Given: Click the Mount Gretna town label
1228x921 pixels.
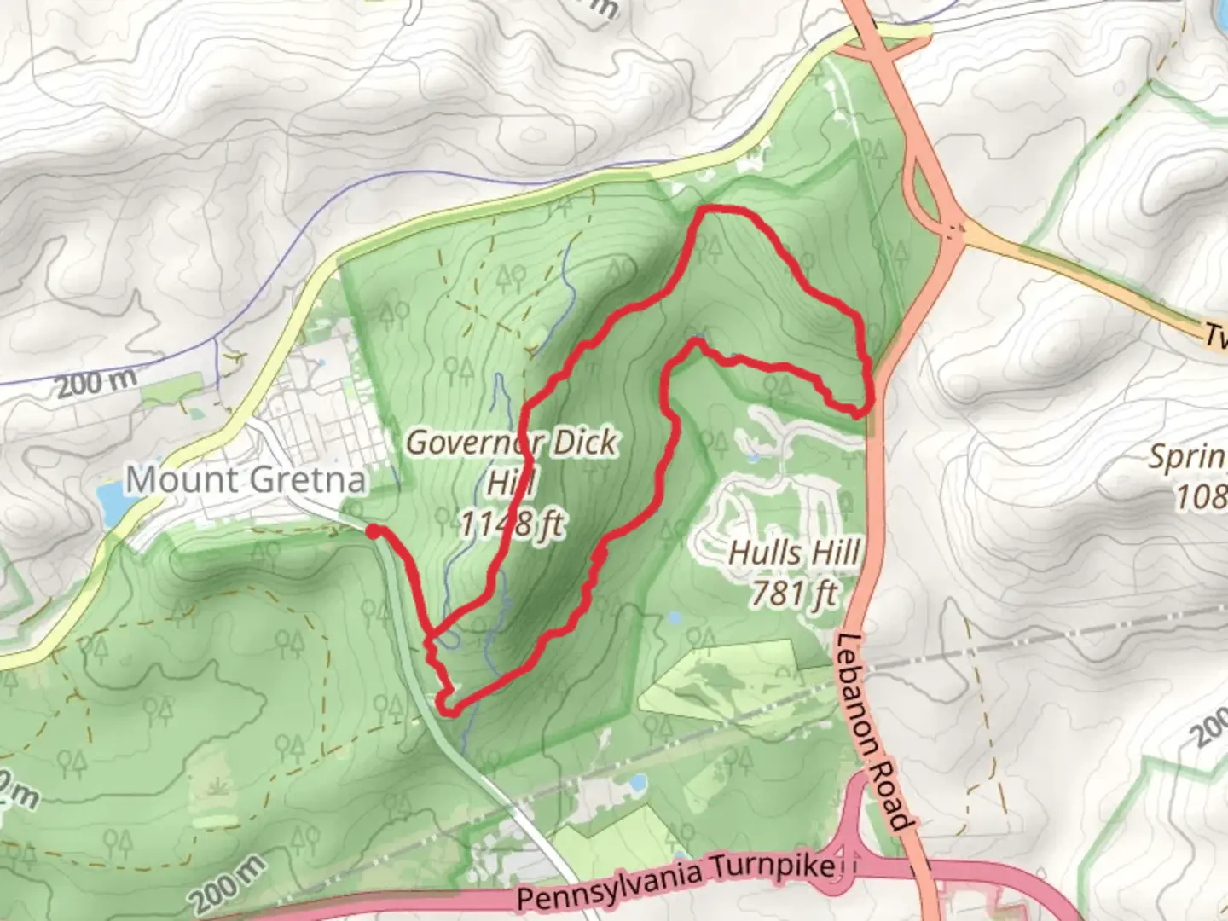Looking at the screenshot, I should pos(246,480).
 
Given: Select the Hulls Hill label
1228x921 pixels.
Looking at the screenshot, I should pos(794,553).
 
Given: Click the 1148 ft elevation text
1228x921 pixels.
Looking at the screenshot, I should pos(512,522).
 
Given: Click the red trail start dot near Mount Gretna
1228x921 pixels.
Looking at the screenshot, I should pos(373,532).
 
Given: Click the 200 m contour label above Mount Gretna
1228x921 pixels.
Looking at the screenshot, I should pos(96,383).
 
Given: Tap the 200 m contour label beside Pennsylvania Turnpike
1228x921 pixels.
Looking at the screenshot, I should pos(226,884).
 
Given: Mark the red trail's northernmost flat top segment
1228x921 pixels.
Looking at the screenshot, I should pos(725,210).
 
